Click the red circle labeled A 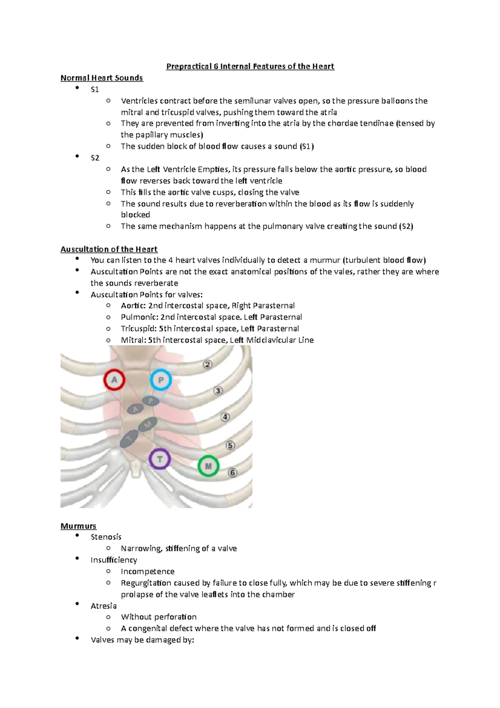(114, 380)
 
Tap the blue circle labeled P (160, 380)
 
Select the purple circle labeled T (160, 459)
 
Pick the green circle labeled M (208, 466)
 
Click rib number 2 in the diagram (207, 364)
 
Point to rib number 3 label (218, 391)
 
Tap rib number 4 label (225, 417)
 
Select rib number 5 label (230, 445)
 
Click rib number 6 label (232, 472)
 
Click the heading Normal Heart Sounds (102, 78)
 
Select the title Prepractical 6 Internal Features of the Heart (250, 66)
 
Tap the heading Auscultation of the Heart (109, 249)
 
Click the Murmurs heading (78, 526)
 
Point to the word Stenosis (106, 537)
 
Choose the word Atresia (103, 606)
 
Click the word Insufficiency (114, 560)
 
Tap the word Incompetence (147, 571)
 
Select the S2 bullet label (95, 158)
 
